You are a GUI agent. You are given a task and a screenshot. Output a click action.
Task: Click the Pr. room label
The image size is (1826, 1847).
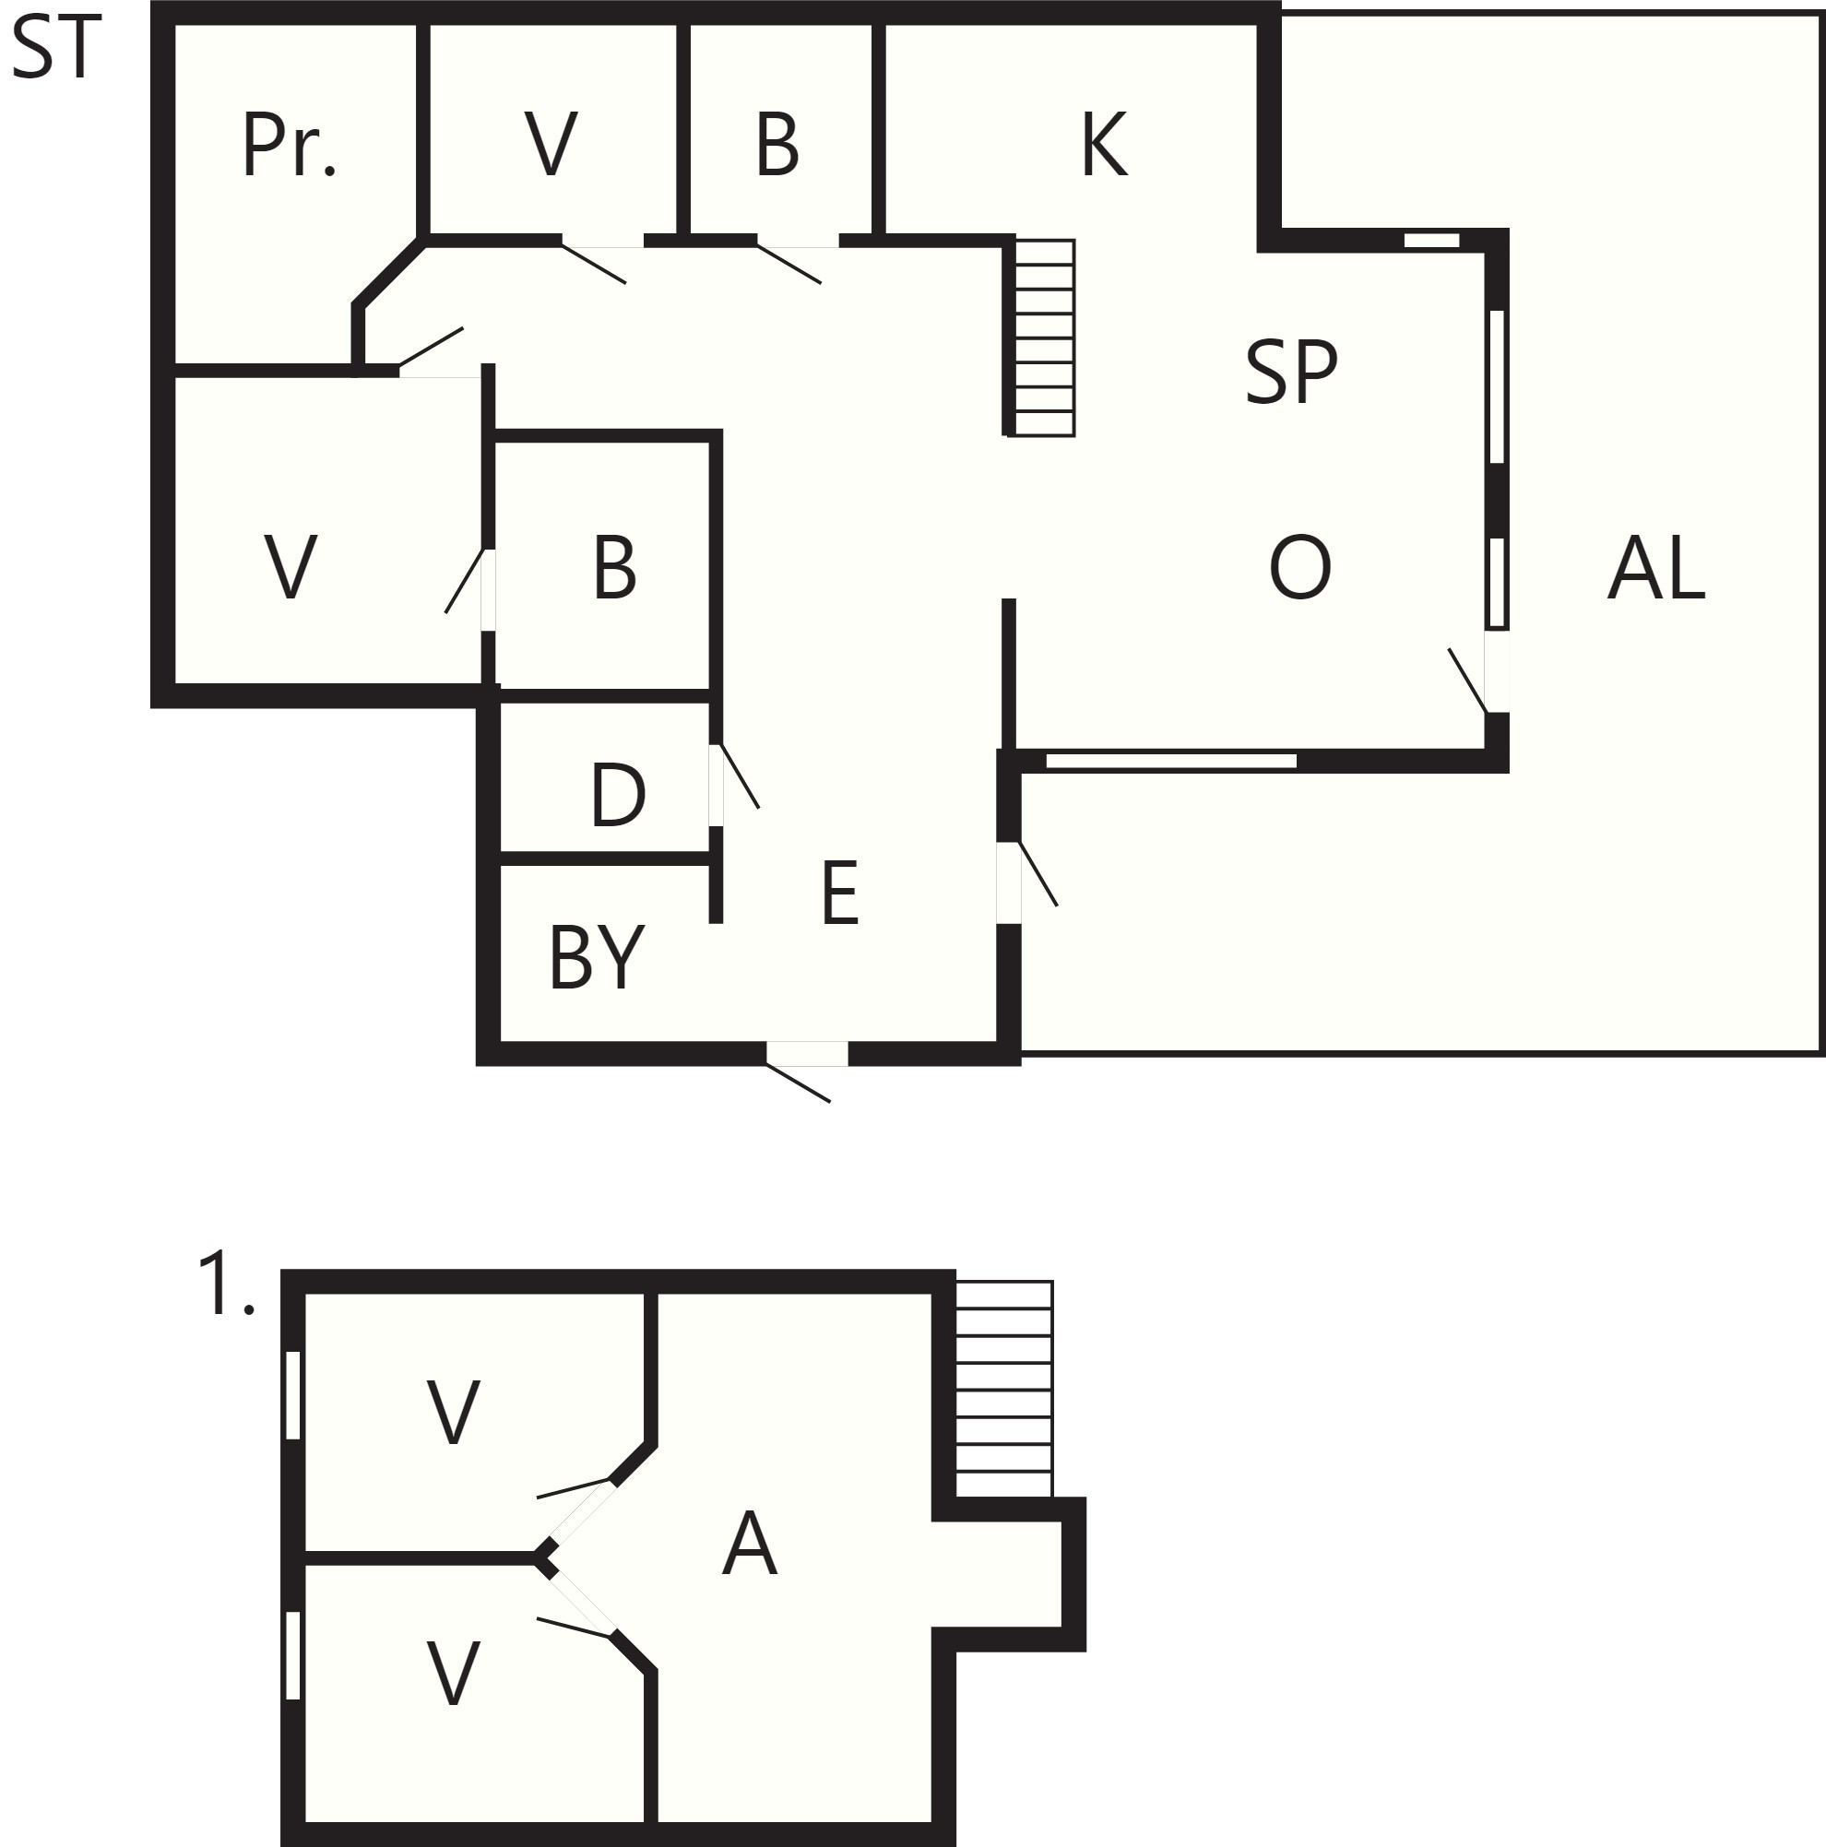[289, 146]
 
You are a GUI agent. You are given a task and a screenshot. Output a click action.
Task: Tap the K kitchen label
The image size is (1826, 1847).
[1104, 145]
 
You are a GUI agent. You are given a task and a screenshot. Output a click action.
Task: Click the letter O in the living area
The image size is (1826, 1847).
[1299, 568]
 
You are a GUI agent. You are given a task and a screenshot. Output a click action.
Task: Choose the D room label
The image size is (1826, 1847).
[618, 796]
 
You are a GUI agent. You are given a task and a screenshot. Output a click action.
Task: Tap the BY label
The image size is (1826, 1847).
[597, 957]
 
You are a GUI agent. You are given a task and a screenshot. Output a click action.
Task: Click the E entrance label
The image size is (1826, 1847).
[839, 893]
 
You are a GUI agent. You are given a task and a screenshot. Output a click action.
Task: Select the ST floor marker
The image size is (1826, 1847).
[55, 48]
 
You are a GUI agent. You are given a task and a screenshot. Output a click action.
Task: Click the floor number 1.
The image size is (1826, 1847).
[226, 1284]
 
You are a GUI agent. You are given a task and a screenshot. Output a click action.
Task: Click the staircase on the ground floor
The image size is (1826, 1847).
[1044, 337]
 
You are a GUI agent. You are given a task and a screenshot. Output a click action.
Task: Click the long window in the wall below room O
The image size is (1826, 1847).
[1171, 761]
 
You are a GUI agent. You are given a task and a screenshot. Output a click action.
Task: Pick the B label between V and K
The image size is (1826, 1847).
[777, 146]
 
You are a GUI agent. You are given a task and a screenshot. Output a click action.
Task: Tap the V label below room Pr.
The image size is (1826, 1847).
[290, 568]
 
